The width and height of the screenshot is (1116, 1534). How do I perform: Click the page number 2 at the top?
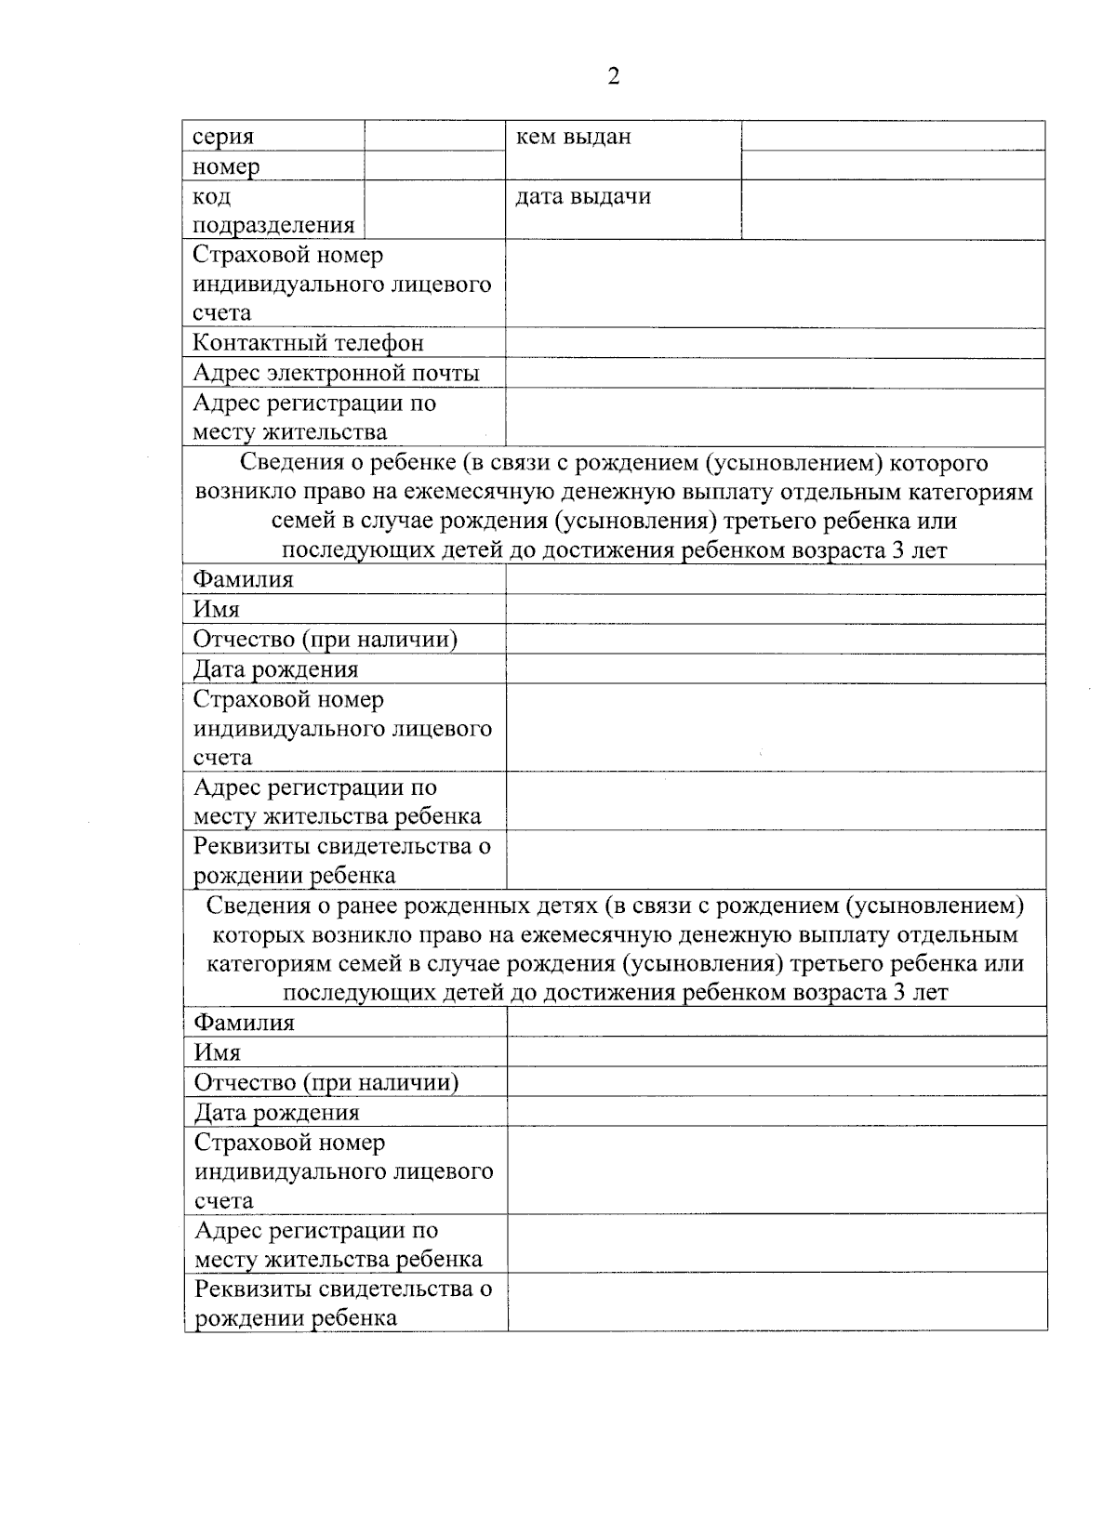pyautogui.click(x=613, y=76)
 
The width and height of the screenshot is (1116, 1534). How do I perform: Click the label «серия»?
pyautogui.click(x=223, y=137)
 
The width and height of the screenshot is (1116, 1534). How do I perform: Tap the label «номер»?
pyautogui.click(x=226, y=166)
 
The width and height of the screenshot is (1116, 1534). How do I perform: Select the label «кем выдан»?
pyautogui.click(x=573, y=137)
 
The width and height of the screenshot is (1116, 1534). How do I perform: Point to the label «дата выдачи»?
pyautogui.click(x=583, y=196)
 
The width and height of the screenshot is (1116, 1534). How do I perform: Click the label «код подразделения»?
pyautogui.click(x=272, y=211)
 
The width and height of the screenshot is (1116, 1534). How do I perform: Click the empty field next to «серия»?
pyautogui.click(x=434, y=137)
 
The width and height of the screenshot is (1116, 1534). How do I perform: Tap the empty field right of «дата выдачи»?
pyautogui.click(x=893, y=209)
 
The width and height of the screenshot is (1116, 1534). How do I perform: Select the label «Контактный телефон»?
pyautogui.click(x=308, y=343)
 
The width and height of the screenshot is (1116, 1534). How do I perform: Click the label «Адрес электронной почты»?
pyautogui.click(x=336, y=373)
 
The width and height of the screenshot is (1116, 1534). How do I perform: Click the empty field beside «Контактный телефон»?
pyautogui.click(x=776, y=343)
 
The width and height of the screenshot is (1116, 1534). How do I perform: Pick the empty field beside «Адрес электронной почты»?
pyautogui.click(x=776, y=373)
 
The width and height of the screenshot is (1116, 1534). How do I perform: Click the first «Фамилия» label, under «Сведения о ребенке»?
pyautogui.click(x=243, y=579)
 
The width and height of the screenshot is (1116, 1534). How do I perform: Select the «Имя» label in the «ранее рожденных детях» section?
pyautogui.click(x=217, y=1052)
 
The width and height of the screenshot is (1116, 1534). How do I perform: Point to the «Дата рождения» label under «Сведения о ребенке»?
pyautogui.click(x=275, y=669)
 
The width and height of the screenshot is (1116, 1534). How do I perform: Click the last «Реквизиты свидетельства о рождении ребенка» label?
pyautogui.click(x=342, y=1303)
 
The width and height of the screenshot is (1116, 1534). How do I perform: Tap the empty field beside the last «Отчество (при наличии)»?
pyautogui.click(x=777, y=1082)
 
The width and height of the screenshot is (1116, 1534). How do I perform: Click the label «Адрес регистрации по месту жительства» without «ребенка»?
pyautogui.click(x=313, y=417)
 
